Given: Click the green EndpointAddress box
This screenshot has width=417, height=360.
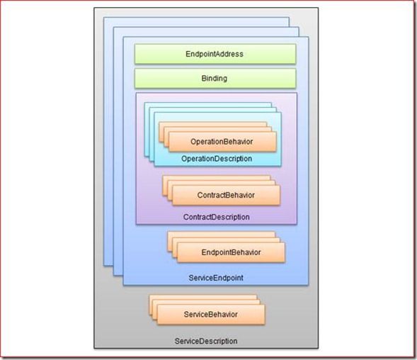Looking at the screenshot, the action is pos(215,54).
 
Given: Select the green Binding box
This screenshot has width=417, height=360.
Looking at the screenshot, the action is pos(215,78).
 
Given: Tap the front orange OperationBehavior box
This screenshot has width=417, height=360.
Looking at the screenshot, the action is pos(222,142).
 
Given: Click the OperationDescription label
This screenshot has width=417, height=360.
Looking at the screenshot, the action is pos(217,159).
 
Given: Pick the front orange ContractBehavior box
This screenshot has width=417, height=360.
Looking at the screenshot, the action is pos(226,195).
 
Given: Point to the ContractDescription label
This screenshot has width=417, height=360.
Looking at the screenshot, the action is pos(216,217).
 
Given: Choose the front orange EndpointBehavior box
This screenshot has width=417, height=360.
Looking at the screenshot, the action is pos(231,252).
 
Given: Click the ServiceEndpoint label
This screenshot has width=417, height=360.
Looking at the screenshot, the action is pos(216,278).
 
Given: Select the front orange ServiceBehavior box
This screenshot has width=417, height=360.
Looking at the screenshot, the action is pos(211,315).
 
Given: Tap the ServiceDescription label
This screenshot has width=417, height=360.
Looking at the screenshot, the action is pos(206,341).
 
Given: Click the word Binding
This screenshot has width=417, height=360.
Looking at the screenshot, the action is pos(215,79).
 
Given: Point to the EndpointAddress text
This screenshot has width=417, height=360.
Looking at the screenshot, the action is pos(215,54).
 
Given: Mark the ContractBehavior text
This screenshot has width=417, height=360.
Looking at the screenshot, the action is pos(226,195).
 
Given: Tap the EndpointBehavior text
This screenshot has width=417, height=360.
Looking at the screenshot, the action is pos(231,252).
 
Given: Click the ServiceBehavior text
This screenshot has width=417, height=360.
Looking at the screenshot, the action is pos(211,315).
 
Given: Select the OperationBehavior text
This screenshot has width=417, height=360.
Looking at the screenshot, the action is pos(222,142).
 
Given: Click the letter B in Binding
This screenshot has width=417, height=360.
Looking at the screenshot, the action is pos(204,78).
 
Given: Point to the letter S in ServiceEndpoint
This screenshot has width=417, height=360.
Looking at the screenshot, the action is pos(191,278).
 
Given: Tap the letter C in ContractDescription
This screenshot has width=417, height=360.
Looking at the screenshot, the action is pos(186,217).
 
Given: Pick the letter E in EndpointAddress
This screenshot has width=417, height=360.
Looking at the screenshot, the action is pos(188,54).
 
